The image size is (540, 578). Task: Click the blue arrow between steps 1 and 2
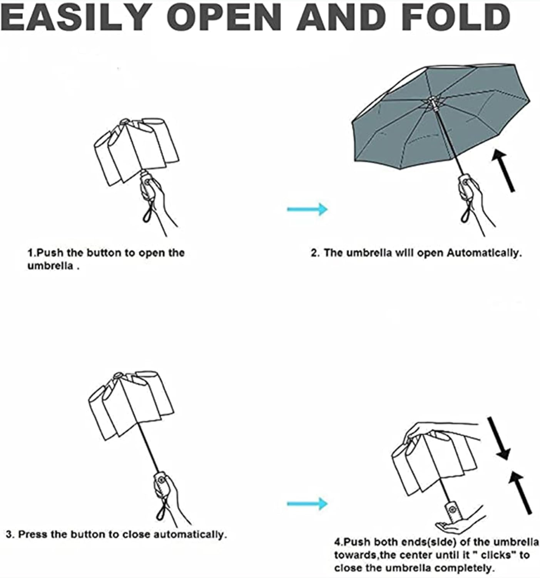[x=307, y=209]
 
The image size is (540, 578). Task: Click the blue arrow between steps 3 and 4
[x=307, y=503]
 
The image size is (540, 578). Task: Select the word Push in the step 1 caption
[x=50, y=253]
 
